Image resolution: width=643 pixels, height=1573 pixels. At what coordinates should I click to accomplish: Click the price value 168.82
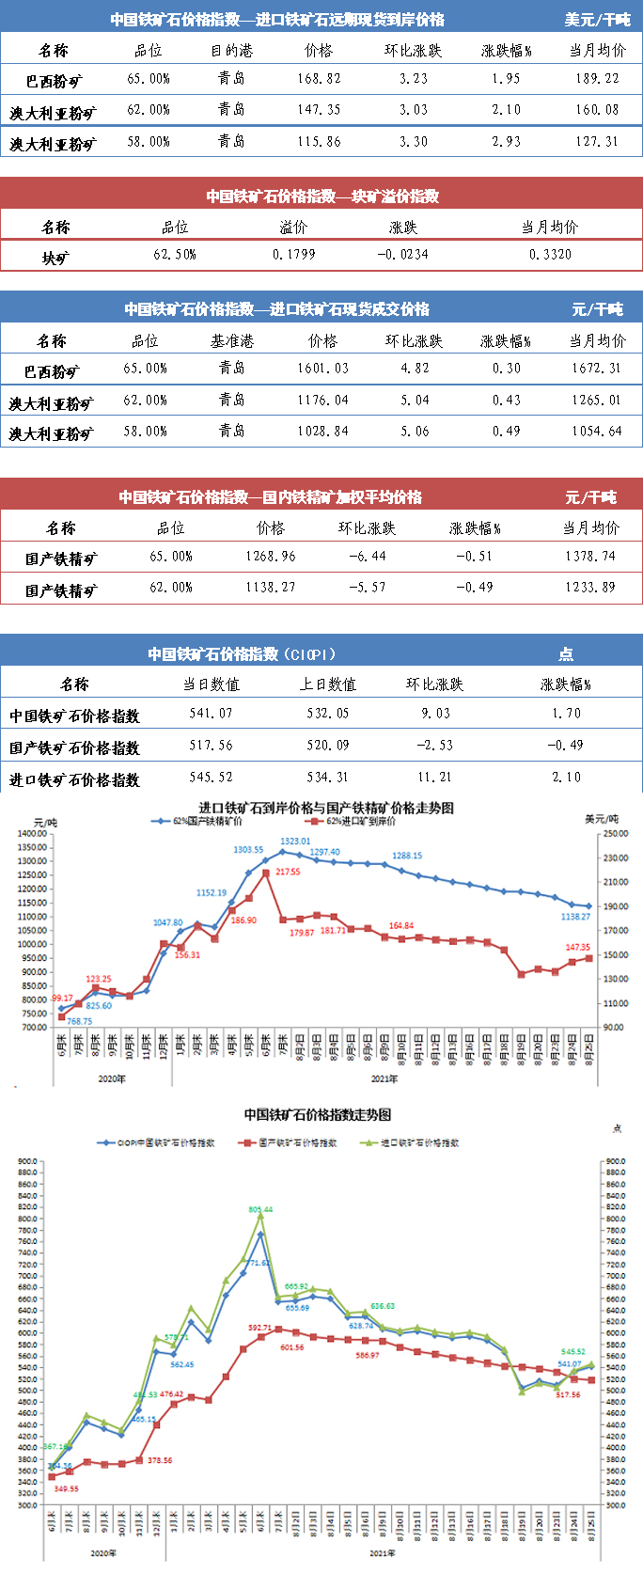pos(319,79)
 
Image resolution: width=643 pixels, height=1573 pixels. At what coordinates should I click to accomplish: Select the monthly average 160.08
pos(597,110)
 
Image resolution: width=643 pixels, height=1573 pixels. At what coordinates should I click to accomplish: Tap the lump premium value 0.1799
pos(293,255)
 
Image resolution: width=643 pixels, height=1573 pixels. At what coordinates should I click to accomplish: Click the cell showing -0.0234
pos(402,255)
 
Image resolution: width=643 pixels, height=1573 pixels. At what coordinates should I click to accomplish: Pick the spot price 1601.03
pos(322,369)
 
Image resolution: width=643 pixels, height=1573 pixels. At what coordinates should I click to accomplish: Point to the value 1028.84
pos(322,432)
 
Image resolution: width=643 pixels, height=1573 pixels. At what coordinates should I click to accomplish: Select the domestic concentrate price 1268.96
pos(271,557)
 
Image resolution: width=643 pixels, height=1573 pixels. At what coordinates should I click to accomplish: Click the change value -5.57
pos(367,588)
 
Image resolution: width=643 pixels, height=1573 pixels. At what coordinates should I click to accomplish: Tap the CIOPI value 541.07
pos(211,714)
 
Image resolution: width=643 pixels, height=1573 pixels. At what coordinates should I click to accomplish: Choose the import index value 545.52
pos(211,778)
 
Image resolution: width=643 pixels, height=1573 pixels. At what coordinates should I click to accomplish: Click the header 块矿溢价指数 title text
pos(321,197)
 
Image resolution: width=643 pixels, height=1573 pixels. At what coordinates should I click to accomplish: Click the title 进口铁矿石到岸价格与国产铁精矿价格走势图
pos(326,808)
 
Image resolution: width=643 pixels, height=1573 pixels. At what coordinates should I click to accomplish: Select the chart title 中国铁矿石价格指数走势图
pos(318,1114)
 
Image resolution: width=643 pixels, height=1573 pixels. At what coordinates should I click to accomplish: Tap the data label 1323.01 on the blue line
pos(294,842)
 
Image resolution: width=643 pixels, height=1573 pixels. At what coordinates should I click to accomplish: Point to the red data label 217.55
pos(288,873)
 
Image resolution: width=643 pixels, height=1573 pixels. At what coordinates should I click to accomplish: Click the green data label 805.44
pos(260,1209)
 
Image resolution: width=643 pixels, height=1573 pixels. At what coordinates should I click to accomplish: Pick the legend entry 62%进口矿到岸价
pos(361,821)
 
